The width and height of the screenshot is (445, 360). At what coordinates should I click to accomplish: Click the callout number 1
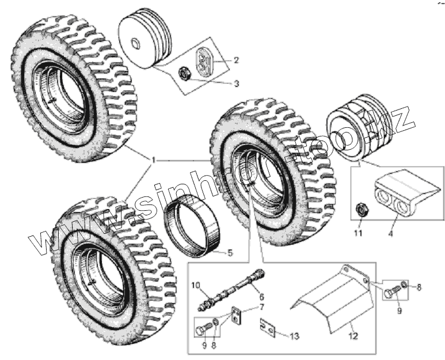154,159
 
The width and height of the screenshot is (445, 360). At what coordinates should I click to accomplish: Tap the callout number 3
236,84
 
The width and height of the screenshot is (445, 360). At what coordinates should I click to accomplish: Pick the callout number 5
229,252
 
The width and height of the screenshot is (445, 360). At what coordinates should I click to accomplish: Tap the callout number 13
295,335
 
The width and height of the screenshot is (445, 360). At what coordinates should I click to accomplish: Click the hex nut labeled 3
185,73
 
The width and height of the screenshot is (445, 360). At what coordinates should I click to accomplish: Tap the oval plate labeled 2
204,61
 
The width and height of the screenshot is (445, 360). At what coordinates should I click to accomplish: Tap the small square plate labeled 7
235,316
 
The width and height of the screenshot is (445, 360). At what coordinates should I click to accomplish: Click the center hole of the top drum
135,43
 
